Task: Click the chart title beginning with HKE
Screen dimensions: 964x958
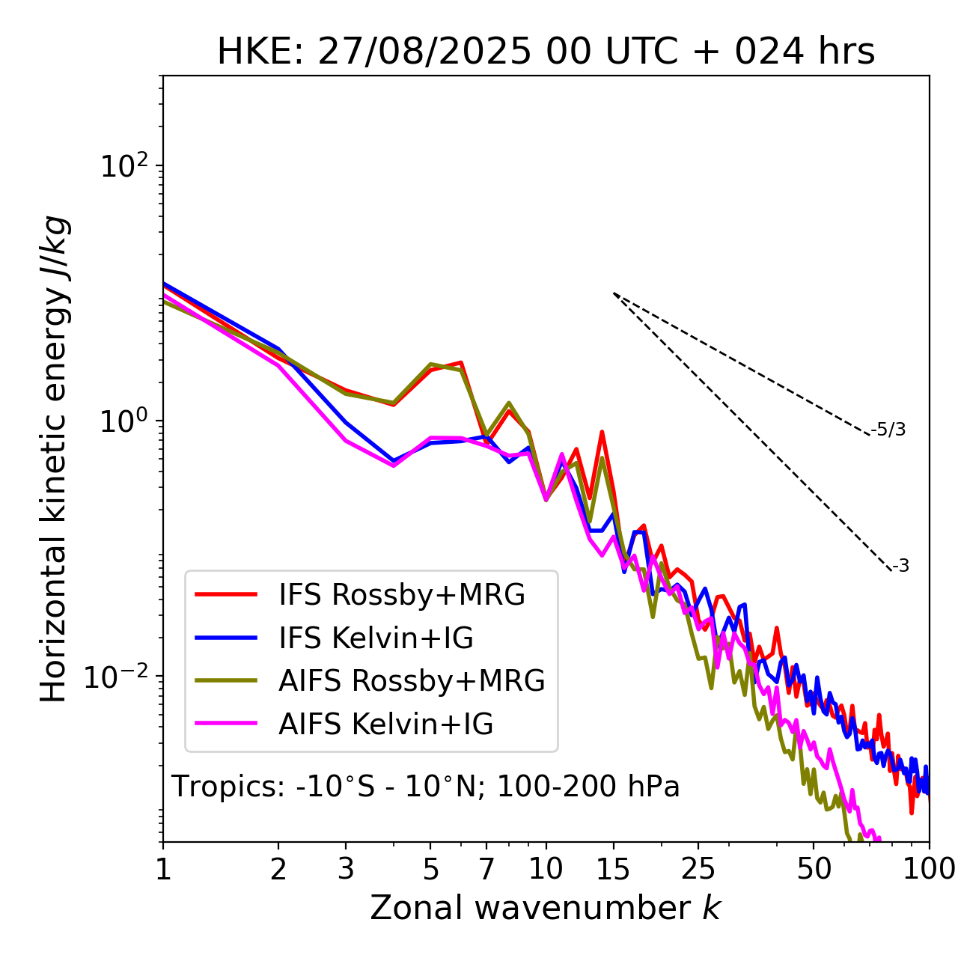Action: [x=546, y=52]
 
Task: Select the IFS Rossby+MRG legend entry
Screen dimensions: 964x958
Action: [x=401, y=595]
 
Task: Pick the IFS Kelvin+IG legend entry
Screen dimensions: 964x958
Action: [x=376, y=638]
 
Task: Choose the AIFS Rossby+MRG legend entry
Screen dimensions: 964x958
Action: [x=412, y=681]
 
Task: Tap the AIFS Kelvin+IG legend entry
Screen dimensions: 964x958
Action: [x=385, y=724]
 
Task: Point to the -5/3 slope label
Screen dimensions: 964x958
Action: [x=888, y=430]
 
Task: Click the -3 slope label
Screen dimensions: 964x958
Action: [x=900, y=567]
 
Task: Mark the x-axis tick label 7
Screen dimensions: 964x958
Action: [x=486, y=869]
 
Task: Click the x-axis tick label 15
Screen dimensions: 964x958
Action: [x=614, y=869]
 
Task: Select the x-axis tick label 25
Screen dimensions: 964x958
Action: [x=698, y=869]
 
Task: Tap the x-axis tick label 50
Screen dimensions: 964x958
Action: [x=814, y=869]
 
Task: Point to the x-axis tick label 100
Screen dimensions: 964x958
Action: [x=929, y=869]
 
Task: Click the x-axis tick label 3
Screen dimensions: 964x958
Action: [x=346, y=869]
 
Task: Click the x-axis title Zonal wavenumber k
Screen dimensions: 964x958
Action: [x=545, y=908]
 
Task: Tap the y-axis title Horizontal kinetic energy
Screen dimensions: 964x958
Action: [x=54, y=459]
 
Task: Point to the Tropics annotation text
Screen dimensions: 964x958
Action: [x=425, y=787]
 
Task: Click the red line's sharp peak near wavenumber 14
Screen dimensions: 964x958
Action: [x=602, y=432]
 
